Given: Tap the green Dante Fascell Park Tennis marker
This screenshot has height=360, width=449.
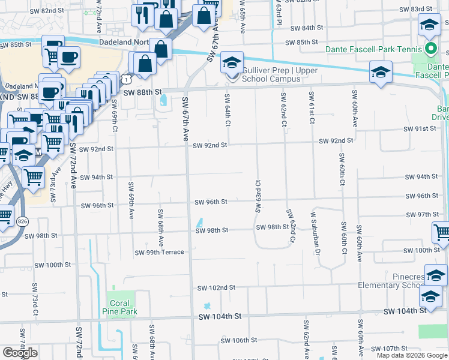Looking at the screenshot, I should [x=430, y=49].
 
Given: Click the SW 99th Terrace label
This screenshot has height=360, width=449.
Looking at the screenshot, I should [x=159, y=253].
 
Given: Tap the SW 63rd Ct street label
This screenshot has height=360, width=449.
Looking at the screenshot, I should [x=259, y=196].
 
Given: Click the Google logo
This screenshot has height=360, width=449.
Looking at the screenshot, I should [x=20, y=353].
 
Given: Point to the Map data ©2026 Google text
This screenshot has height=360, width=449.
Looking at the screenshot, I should [x=412, y=355].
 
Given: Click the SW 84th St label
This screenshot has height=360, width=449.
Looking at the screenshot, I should [x=307, y=28].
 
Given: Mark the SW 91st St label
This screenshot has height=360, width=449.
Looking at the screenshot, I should [x=420, y=129].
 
